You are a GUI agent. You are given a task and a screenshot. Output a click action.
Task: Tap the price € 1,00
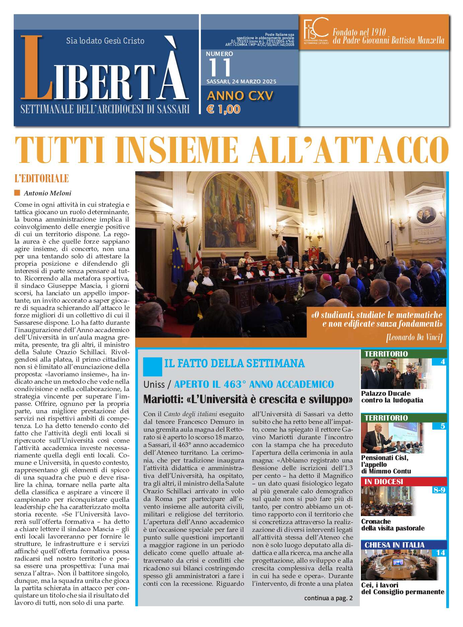click(224, 109)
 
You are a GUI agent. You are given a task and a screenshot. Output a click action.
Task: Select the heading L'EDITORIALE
click(42, 178)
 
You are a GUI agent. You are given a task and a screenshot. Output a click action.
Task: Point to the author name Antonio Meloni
click(47, 193)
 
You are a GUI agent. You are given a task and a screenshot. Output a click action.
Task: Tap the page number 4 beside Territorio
click(443, 362)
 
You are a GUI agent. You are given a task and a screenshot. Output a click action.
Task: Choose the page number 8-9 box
click(439, 490)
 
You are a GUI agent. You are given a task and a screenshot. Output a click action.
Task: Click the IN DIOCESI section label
click(384, 482)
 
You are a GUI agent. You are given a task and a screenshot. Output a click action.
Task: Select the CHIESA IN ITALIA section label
click(394, 545)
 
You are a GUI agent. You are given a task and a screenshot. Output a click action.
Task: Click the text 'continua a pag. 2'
click(328, 598)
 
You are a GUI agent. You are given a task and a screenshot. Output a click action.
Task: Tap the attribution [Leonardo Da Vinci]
click(414, 337)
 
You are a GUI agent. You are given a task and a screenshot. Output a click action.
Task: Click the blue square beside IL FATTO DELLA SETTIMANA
click(152, 366)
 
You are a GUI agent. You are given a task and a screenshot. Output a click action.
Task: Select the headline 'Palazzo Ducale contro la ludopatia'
click(392, 397)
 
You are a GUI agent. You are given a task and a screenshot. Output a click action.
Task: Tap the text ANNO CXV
click(240, 96)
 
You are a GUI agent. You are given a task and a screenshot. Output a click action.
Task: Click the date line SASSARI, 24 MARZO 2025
click(241, 81)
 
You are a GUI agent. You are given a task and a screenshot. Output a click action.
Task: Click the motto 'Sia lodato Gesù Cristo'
click(105, 41)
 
